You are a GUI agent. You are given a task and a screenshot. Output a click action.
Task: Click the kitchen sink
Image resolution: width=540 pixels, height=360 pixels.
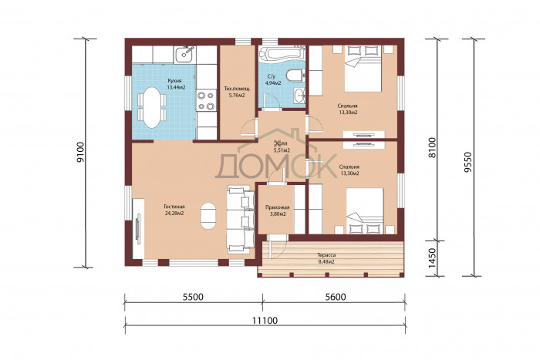pos(184,54)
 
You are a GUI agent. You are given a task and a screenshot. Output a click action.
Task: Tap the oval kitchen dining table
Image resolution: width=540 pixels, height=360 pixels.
pos(152,107)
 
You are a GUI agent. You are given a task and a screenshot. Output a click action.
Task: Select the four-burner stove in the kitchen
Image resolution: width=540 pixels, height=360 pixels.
pos(206,100)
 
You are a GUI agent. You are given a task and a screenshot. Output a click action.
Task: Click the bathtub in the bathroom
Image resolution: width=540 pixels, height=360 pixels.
pos(282,53)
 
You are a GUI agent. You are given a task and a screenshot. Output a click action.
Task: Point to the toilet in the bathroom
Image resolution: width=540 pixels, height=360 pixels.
pos(296,75)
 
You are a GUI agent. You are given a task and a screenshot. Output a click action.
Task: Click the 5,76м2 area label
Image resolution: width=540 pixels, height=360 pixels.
pos(237,95)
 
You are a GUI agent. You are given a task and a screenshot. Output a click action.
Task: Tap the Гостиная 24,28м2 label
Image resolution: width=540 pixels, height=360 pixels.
pos(174,210)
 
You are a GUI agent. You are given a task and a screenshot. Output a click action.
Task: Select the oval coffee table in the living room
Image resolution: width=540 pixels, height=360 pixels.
pos(208,216)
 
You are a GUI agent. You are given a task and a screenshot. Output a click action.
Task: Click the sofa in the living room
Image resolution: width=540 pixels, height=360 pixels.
pos(240,219)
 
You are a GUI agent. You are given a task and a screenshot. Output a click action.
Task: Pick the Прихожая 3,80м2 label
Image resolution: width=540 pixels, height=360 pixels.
pos(277,210)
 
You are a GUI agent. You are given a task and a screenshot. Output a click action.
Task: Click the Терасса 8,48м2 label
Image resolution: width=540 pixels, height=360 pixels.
pos(326,258)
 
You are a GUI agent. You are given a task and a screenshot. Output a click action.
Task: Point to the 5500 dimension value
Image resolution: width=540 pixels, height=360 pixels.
pos(193,297)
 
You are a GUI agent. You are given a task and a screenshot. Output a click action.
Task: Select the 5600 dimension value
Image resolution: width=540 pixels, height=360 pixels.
pos(336,297)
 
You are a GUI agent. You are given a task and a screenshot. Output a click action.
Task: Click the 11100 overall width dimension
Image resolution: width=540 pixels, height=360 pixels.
pos(265,321)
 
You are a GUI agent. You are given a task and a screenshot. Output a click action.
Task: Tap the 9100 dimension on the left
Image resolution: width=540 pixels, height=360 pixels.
pos(80,152)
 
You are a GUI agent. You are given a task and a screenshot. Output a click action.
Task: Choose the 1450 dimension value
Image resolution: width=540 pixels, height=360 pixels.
pos(432,259)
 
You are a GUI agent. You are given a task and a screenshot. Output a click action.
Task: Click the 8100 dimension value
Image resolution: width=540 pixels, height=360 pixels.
pos(432,148)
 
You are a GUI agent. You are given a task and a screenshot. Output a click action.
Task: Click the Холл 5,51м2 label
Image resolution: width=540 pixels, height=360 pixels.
pos(282,147)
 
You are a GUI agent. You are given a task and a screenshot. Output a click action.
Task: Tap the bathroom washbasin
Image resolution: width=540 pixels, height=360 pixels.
pos(299,95)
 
